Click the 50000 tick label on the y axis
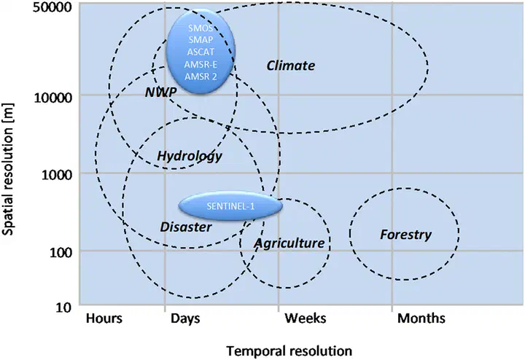pos(52,7)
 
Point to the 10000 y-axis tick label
pos(53,98)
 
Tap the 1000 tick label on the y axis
pos(57,174)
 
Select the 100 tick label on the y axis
pos(61,252)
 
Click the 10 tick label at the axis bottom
pos(63,307)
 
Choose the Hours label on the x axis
pos(104,318)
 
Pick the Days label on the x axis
pos(185,318)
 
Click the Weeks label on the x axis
pos(306,318)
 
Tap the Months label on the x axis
pos(421,318)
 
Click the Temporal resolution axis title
pos(289,351)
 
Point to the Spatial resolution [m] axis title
pos(8,169)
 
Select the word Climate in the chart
pos(291,66)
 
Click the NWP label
pos(160,92)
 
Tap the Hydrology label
pos(190,156)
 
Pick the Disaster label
pos(186,227)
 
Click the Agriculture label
pos(289,243)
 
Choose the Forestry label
pos(405,235)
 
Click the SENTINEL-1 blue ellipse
pos(230,206)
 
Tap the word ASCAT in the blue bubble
pos(201,52)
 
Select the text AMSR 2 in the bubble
pos(201,77)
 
